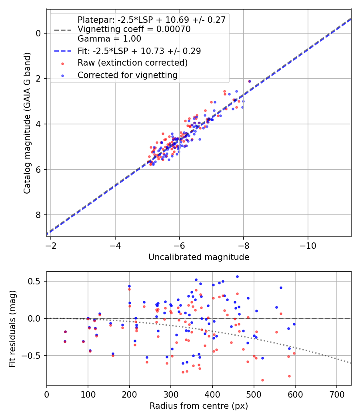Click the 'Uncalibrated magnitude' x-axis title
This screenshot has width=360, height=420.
point(199,257)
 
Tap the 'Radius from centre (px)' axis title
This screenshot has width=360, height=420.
point(199,406)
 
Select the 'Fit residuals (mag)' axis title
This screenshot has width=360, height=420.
point(12,328)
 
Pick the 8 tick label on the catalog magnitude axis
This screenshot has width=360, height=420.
point(39,215)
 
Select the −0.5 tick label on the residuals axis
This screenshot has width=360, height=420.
point(32,356)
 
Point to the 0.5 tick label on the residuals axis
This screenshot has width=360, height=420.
point(35,281)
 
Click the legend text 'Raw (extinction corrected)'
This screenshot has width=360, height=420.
point(132,63)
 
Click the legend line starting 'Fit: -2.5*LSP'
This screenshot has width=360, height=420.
point(139,51)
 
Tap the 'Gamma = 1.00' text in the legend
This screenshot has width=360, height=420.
point(109,39)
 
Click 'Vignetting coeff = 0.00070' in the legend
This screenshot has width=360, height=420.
point(134,29)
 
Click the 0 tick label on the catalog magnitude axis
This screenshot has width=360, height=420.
point(39,33)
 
